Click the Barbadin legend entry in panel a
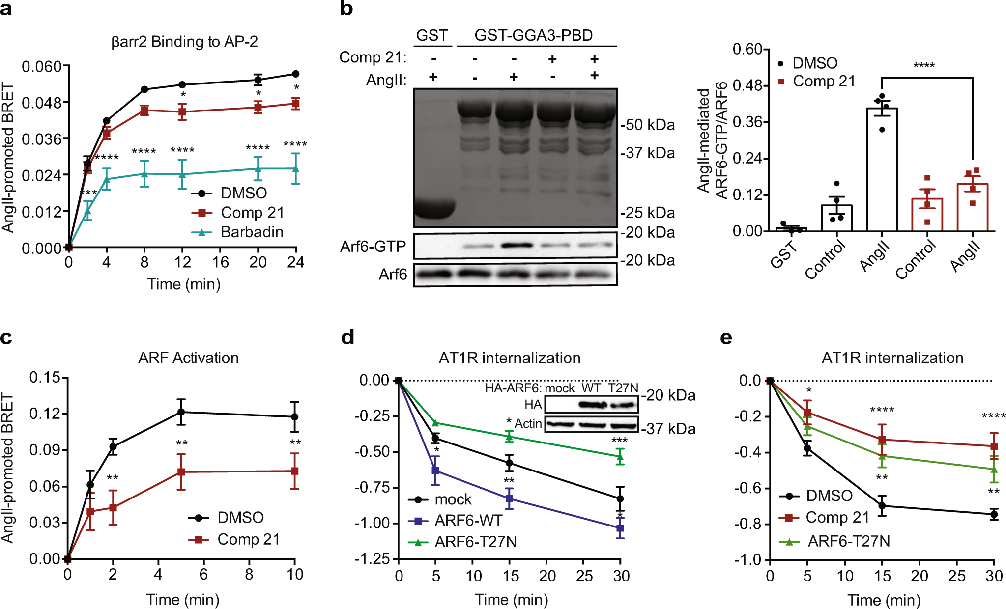[252, 232]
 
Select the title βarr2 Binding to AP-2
[184, 42]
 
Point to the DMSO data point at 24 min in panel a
[296, 74]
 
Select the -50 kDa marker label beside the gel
[648, 125]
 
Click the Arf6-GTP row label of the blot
[373, 246]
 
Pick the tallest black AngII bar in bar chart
[882, 169]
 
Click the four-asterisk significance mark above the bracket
[924, 66]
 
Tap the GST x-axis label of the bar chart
[784, 256]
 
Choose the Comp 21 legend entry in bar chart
[824, 81]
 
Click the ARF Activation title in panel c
[188, 358]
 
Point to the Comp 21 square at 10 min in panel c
[294, 471]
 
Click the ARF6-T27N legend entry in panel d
[475, 542]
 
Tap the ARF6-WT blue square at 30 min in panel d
[620, 528]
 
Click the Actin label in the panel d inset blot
[528, 423]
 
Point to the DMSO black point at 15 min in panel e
[882, 506]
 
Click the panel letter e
[725, 338]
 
